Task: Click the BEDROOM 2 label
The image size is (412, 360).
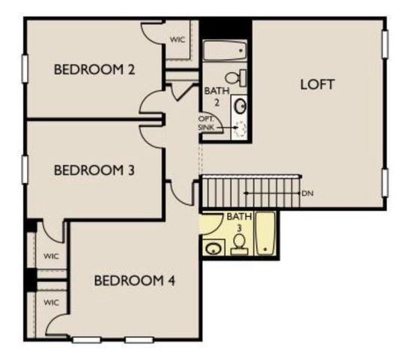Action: [x=94, y=70]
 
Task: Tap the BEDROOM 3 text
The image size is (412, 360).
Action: [x=94, y=170]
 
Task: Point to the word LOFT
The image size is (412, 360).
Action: [x=317, y=83]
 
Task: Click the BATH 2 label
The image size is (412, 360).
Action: [x=213, y=95]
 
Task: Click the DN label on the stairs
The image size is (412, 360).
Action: [x=306, y=193]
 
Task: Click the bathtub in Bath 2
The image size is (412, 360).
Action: [x=225, y=51]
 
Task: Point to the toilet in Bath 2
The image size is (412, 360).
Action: [x=234, y=76]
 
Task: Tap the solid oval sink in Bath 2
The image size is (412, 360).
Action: [x=240, y=105]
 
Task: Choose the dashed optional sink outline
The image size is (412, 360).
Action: [x=240, y=128]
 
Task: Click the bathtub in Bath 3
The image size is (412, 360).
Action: [x=265, y=233]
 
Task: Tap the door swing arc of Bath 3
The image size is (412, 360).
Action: [x=211, y=223]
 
